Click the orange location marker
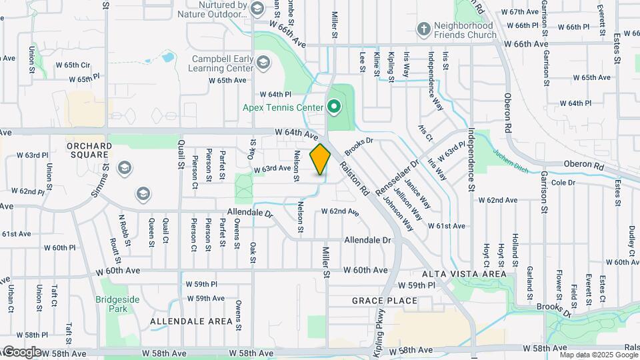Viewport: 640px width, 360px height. coord(321,159)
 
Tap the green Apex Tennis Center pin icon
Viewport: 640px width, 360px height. coord(333,106)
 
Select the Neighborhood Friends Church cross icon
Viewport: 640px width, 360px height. coord(423,29)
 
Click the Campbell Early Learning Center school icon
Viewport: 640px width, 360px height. coord(263,63)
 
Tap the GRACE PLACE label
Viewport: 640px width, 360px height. coord(385,301)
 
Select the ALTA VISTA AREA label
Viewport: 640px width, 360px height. coord(469,273)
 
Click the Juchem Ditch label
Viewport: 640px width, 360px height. coord(511,160)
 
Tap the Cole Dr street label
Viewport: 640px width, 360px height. coord(563,182)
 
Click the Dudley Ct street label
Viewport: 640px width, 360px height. coord(631,236)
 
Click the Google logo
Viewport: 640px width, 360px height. coord(22,351)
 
